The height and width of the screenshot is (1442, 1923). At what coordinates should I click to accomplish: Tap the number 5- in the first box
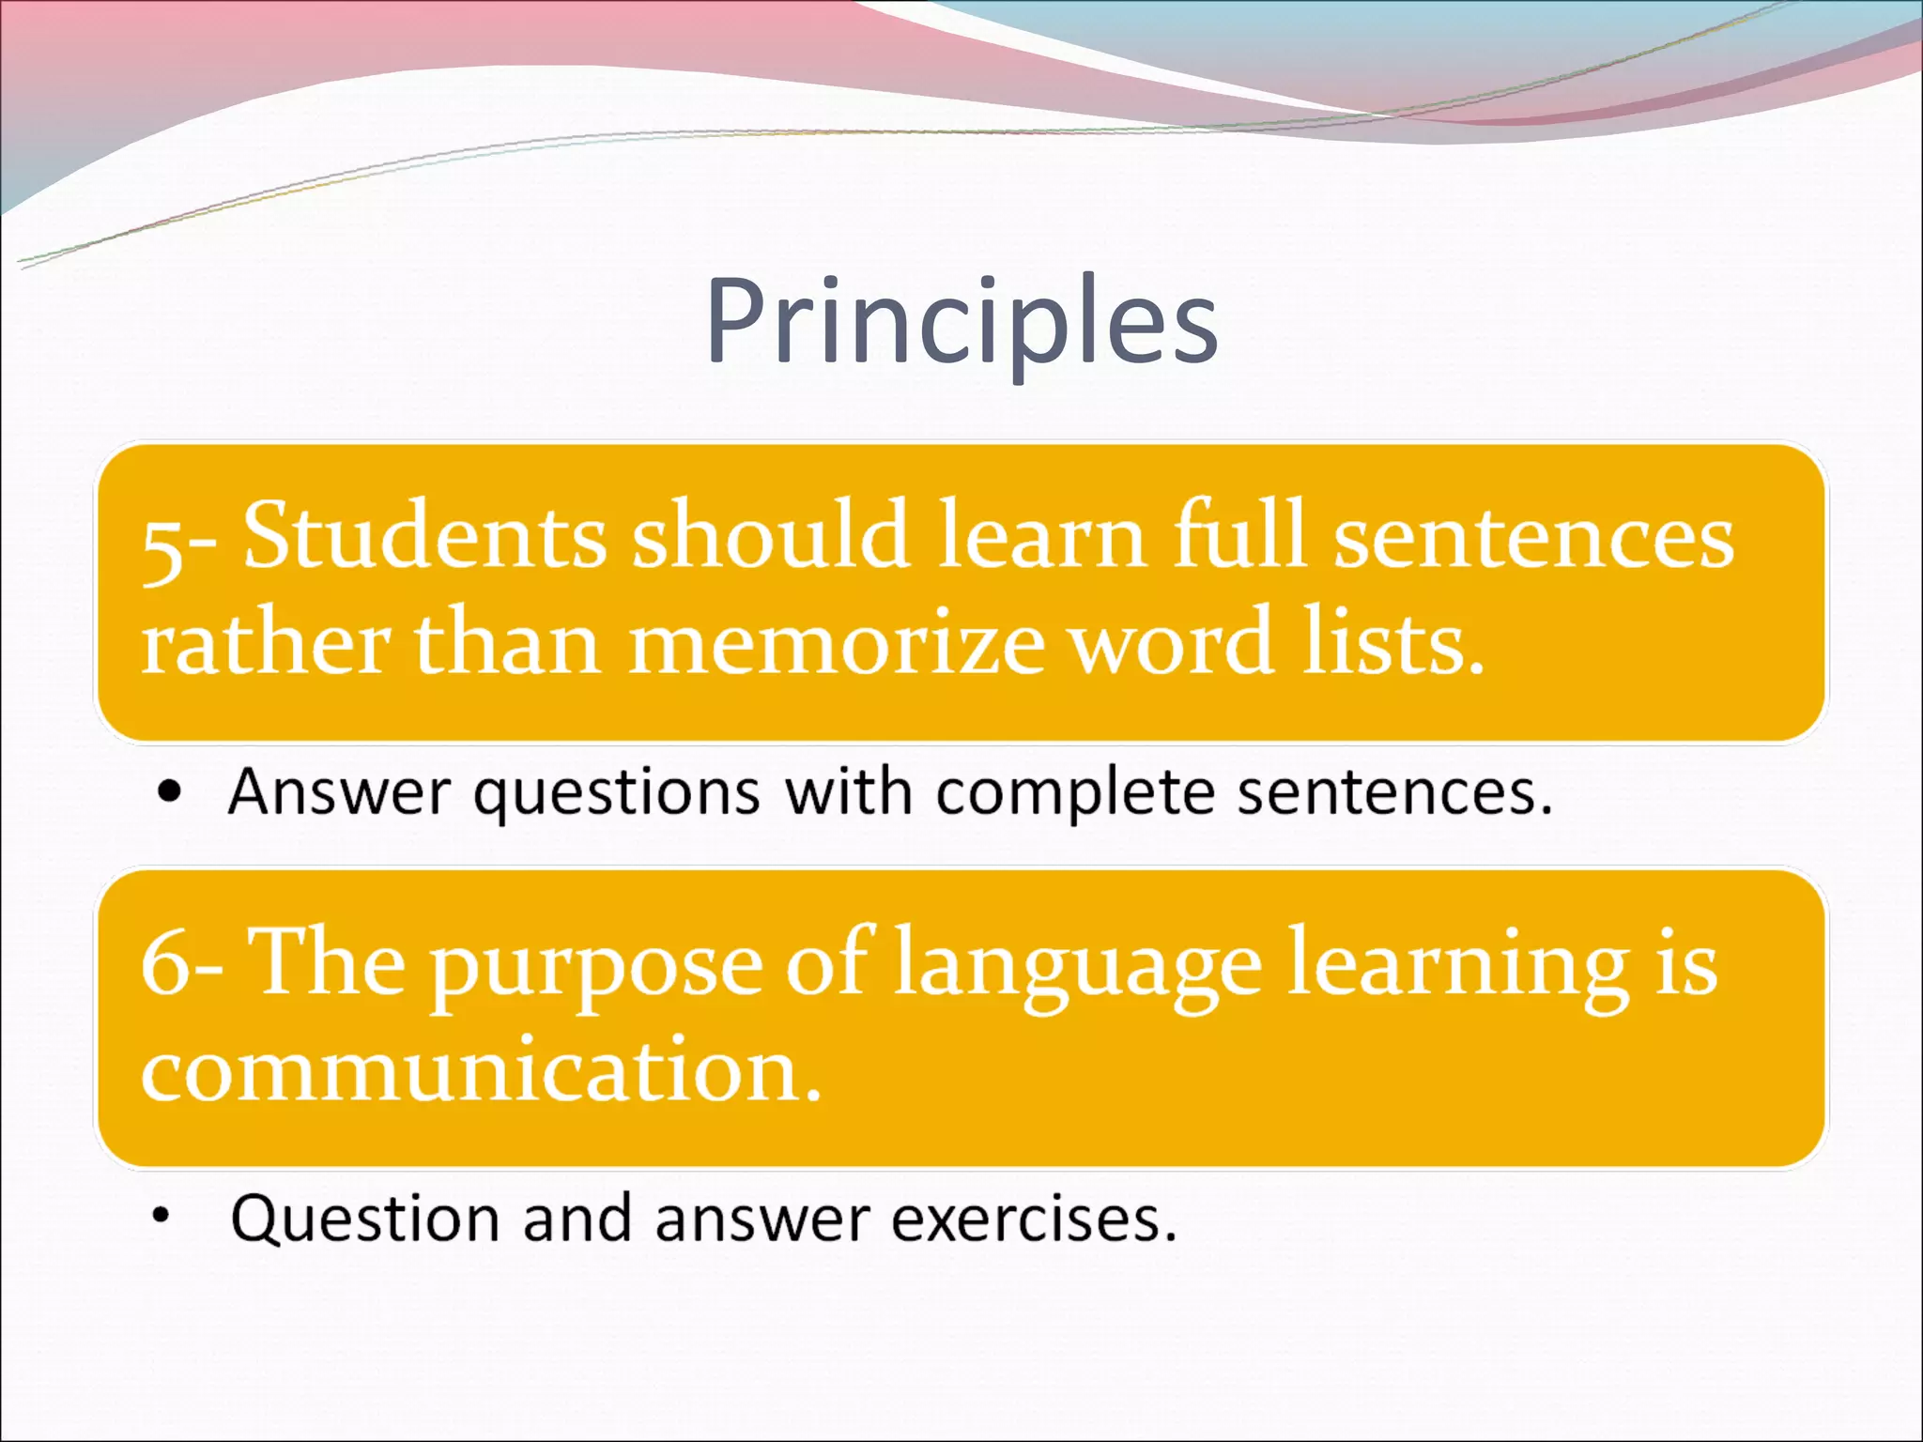pos(178,545)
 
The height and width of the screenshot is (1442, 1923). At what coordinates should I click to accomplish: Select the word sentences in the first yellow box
pos(1533,539)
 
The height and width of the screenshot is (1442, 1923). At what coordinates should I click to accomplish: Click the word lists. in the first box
pos(1393,644)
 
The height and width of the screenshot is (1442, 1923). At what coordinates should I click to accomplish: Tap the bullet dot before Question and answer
pos(162,1217)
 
